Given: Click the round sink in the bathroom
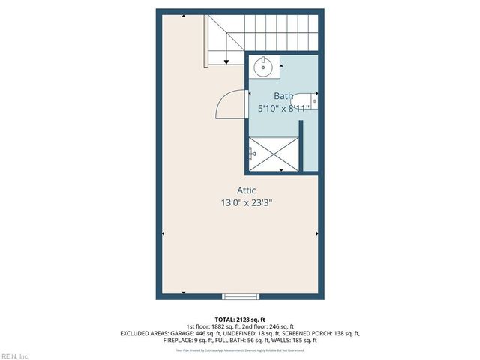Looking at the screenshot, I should pos(263,67).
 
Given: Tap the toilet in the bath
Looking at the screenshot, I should pos(307,99).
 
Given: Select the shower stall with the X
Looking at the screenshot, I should pos(272,154).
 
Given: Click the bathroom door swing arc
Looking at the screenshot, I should pos(229,104).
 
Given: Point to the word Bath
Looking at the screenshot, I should pos(283,95).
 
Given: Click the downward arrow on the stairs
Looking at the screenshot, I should pos(227,59).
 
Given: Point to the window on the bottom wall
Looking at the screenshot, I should pos(248,295).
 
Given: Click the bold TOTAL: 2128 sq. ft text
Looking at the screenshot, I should pos(240,319).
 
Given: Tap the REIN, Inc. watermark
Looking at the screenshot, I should pos(15,355).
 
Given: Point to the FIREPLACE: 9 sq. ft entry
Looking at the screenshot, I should pos(188,340).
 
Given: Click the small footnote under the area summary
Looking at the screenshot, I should pos(240,349).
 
